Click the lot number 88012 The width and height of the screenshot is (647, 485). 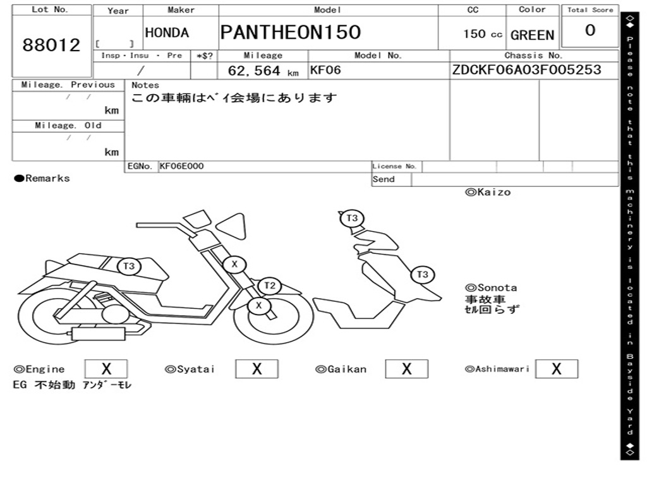(x=52, y=45)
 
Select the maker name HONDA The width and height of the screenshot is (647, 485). (x=167, y=33)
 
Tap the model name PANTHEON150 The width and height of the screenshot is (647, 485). (x=291, y=32)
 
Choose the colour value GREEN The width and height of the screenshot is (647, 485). (x=532, y=35)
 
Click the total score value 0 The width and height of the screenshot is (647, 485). (x=590, y=31)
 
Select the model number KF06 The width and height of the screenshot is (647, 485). (x=325, y=70)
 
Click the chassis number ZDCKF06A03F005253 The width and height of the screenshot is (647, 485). (x=526, y=70)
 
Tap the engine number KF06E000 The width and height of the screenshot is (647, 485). (x=182, y=166)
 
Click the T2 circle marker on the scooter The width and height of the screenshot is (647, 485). (x=270, y=285)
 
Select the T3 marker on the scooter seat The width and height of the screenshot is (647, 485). (x=129, y=266)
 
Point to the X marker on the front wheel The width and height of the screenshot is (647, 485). (x=258, y=306)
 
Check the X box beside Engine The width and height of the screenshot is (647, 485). (x=106, y=369)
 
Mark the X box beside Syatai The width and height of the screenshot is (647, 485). (x=257, y=369)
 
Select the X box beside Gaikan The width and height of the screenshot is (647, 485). (x=406, y=369)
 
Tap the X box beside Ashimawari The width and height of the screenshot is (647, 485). (x=556, y=369)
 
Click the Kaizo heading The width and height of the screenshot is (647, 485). (x=488, y=192)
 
